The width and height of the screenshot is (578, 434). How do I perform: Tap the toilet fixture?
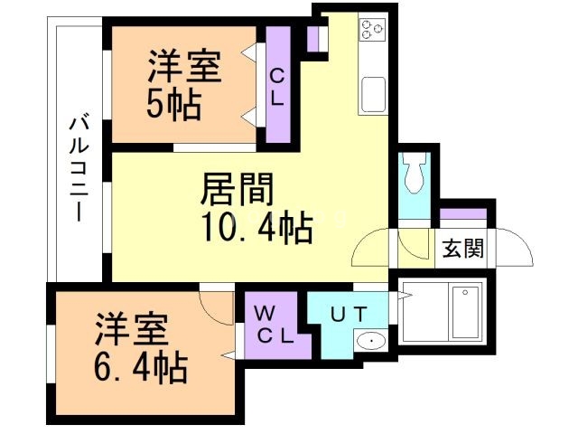tap(415, 172)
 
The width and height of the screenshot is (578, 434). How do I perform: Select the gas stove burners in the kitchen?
tap(372, 30)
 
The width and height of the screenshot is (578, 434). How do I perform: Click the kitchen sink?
tap(373, 93)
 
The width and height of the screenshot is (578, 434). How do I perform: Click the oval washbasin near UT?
tap(369, 341)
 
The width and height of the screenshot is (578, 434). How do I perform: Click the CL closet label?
tap(277, 86)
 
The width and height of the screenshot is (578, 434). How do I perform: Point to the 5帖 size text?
tap(173, 103)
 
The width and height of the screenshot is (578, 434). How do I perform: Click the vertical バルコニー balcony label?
tap(79, 167)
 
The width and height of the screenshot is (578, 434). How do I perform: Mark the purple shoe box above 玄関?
tap(463, 216)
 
